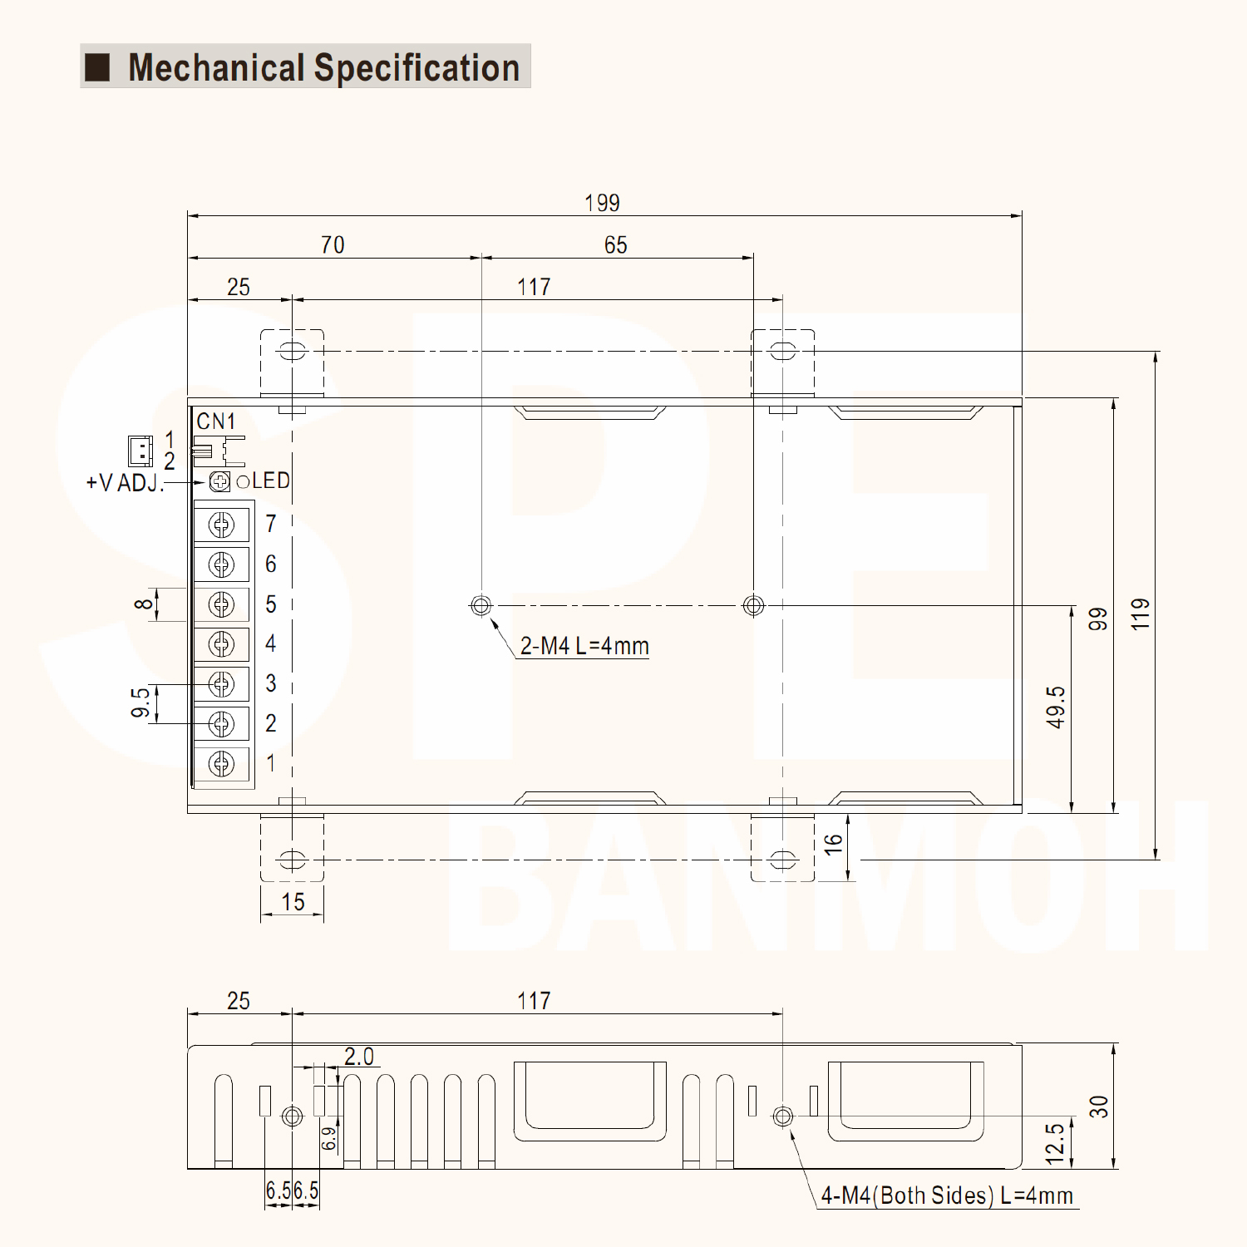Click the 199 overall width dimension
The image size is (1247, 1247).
(602, 203)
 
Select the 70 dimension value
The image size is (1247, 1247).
(333, 245)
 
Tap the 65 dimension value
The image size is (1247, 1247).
(615, 245)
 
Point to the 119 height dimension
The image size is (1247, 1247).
(1141, 614)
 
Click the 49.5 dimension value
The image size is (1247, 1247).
(1056, 707)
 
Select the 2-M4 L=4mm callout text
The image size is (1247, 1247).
(584, 646)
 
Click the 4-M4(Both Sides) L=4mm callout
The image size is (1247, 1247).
(947, 1195)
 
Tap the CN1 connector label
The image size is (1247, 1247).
(216, 421)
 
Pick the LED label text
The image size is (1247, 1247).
(271, 481)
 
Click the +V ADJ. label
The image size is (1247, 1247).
(125, 483)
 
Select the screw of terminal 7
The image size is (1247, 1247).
(221, 525)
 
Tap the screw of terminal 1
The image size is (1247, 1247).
(221, 763)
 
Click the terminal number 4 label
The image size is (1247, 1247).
(271, 643)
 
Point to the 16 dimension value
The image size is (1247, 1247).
(833, 845)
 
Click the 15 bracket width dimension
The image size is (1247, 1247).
(293, 902)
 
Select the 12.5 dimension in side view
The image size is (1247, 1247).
(1056, 1143)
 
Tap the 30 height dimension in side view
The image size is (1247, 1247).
(1099, 1107)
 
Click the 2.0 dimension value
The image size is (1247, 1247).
(359, 1057)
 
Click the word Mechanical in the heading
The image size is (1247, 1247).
(216, 68)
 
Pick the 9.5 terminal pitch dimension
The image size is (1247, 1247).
(141, 702)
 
